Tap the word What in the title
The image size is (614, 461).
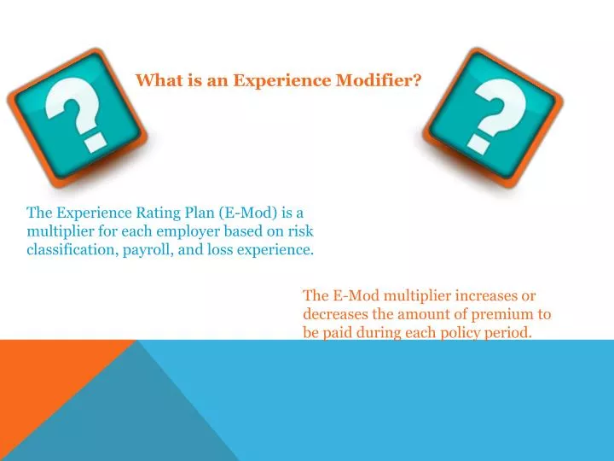[156, 80]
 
